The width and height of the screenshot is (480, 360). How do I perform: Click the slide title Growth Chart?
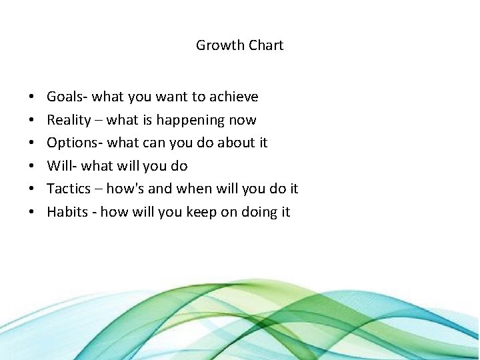coord(239,45)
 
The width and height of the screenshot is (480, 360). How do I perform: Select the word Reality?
coord(69,120)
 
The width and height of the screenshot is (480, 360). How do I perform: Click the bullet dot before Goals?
coord(33,97)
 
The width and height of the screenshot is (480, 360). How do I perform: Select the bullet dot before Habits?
coord(33,213)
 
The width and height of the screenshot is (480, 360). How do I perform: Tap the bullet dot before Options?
coord(33,143)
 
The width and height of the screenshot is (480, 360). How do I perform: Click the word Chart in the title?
coord(266,45)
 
